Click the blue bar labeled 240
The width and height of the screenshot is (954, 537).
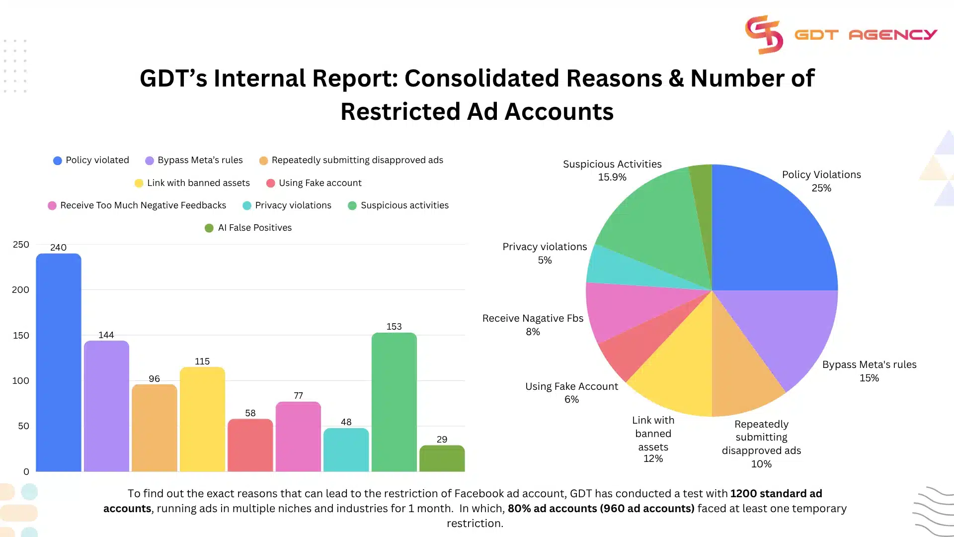point(58,363)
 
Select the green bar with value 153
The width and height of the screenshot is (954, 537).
point(394,403)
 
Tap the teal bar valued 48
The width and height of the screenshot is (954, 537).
point(346,450)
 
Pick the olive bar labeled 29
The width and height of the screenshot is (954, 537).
point(442,458)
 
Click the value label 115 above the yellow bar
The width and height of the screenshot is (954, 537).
point(202,361)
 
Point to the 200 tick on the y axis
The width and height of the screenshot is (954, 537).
point(20,290)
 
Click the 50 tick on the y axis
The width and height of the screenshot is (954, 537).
point(23,426)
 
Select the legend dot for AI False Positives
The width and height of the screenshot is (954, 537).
point(209,228)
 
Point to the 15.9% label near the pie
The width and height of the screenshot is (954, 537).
point(612,178)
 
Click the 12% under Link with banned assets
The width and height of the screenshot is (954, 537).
point(653,458)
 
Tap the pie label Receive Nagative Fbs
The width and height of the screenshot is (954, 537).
point(533,318)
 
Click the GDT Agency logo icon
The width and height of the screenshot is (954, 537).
point(764,34)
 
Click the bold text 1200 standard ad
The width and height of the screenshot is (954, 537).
point(776,494)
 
